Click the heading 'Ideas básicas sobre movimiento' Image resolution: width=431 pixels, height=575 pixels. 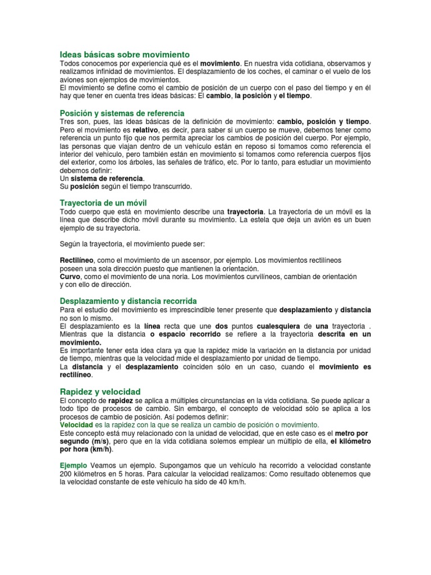[125, 54]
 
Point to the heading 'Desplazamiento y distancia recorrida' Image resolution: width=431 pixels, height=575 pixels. [129, 301]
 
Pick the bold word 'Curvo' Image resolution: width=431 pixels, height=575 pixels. [70, 277]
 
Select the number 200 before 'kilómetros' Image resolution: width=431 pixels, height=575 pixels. [66, 474]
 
